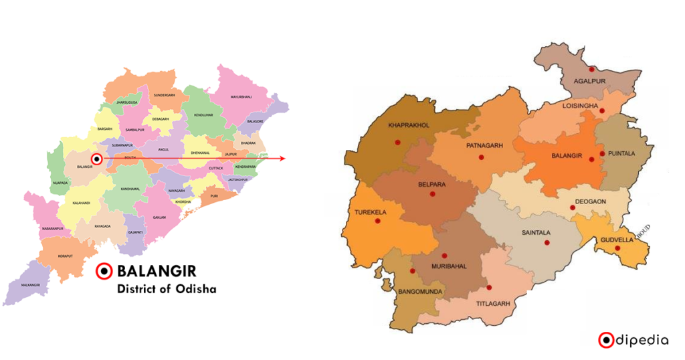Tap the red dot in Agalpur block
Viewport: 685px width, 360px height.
(591, 69)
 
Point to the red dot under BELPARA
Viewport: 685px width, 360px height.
(432, 194)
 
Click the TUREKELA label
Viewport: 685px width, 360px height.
(367, 212)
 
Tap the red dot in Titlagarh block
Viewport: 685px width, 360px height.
(490, 288)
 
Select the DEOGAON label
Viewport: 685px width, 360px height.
(592, 200)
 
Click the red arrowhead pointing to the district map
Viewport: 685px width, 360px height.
(282, 159)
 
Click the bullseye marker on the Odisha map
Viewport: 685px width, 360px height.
(97, 159)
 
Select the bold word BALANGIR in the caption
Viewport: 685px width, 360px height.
(156, 272)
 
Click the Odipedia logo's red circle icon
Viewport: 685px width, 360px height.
(606, 340)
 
